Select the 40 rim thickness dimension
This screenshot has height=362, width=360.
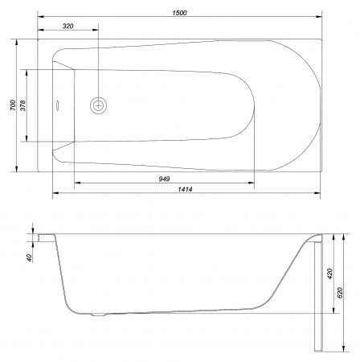(30, 257)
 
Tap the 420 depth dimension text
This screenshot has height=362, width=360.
(330, 274)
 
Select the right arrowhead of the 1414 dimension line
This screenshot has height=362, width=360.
(319, 194)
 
